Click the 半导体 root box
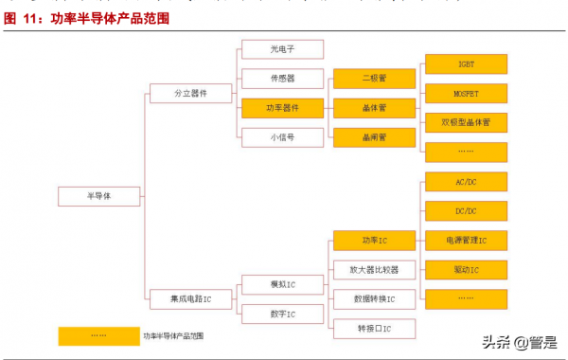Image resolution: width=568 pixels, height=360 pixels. (98, 196)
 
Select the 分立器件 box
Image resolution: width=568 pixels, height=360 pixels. (190, 94)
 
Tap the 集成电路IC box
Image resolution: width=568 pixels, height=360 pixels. (190, 298)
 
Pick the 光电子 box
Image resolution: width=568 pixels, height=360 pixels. (282, 49)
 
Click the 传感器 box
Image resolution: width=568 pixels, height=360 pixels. (282, 79)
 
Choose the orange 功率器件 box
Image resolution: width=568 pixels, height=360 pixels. (282, 108)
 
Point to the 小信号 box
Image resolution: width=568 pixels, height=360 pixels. (282, 137)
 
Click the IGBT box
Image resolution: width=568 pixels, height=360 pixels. (466, 64)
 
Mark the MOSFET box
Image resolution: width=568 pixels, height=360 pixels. (466, 94)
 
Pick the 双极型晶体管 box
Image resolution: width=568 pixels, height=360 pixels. (466, 123)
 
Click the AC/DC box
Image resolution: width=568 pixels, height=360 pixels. (466, 182)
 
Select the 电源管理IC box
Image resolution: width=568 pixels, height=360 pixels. (466, 241)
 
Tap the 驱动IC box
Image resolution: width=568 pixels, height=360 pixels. (466, 270)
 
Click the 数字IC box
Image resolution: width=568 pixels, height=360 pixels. (282, 314)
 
